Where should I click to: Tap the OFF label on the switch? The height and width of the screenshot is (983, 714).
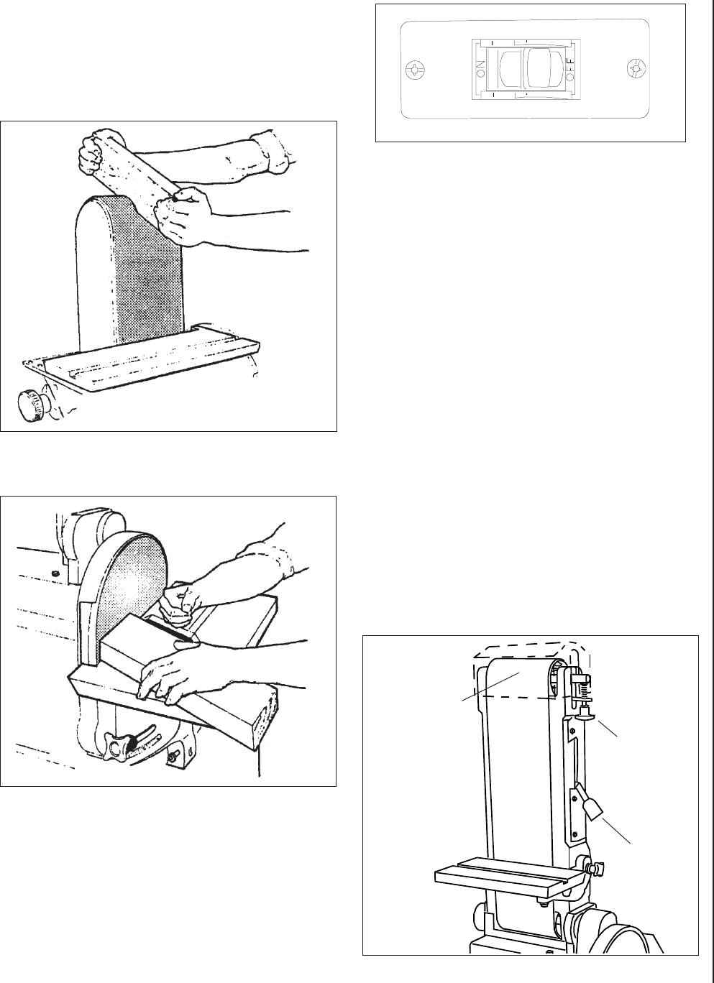click(570, 69)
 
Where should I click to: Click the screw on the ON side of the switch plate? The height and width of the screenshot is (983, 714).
click(415, 69)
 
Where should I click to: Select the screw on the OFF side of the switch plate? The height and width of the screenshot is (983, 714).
click(636, 69)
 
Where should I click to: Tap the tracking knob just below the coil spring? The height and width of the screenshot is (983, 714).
click(585, 715)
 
